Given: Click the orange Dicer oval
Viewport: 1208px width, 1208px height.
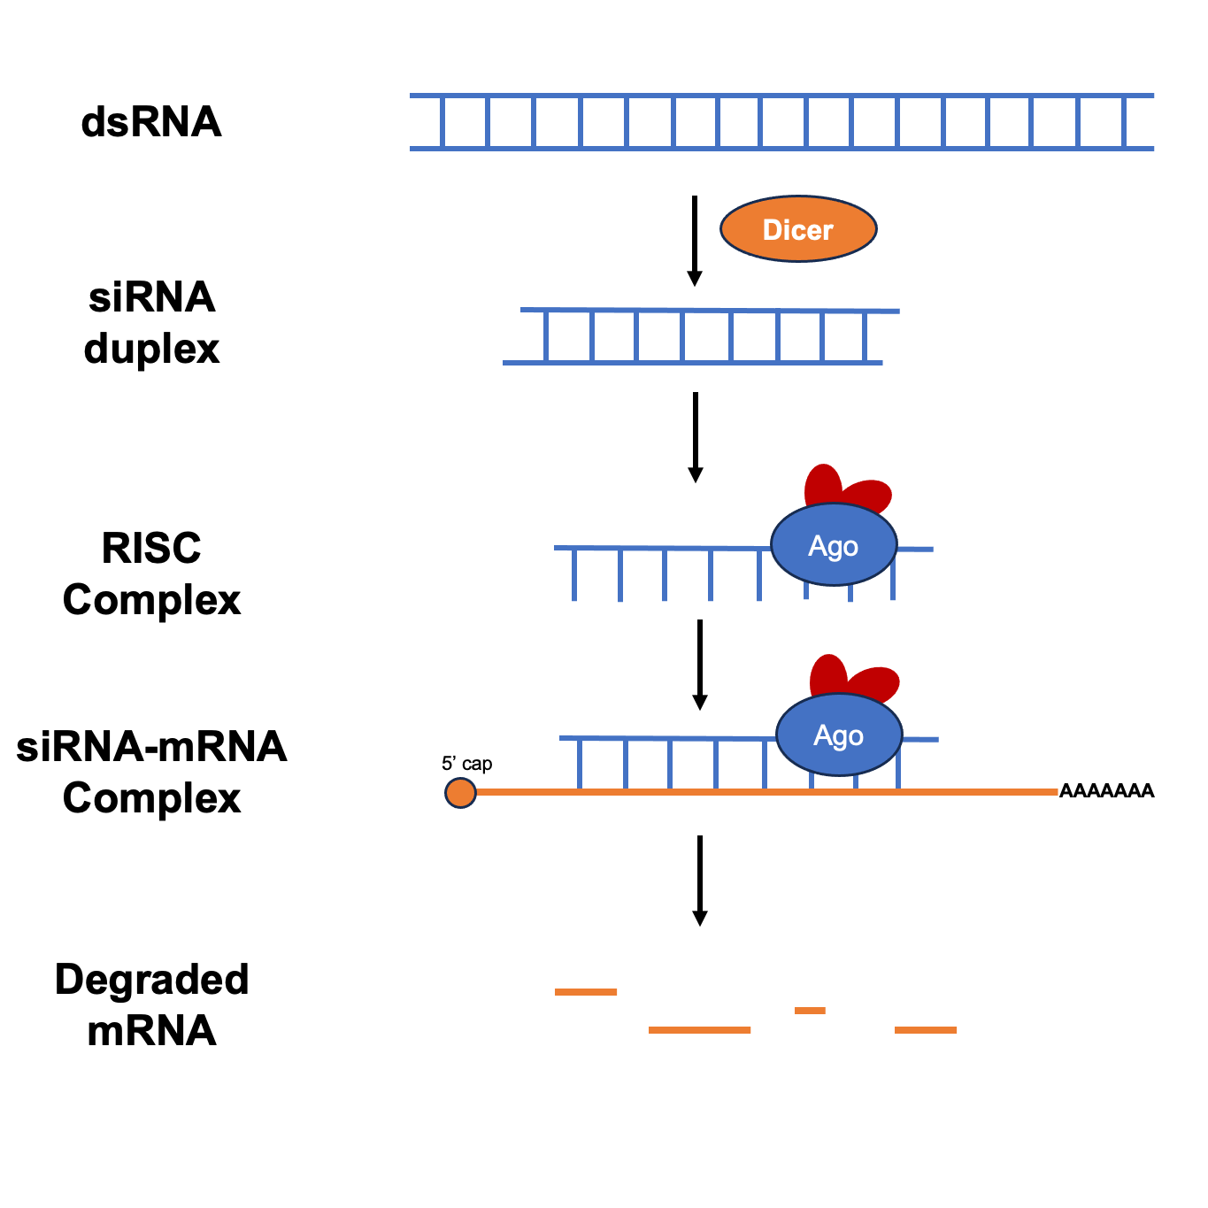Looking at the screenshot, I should point(798,229).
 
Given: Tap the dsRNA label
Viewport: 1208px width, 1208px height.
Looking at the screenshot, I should point(151,122).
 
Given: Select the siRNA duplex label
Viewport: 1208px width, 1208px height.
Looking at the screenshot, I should point(151,323).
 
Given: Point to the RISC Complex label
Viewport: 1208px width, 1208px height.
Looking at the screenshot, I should point(151,573).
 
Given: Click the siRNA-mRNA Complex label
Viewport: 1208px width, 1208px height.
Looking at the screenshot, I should point(151,772).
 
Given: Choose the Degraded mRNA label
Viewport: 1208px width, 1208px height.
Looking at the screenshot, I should point(151,1004).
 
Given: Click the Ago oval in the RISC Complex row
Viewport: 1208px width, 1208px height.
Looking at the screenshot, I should point(834,545).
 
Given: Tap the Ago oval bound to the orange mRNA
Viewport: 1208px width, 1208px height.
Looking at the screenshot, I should point(839,735).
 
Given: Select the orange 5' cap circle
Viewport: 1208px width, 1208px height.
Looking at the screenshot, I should point(460,792).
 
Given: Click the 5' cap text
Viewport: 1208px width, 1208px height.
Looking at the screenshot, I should point(466,764).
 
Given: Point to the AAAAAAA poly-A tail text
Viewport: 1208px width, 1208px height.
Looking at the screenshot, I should point(1106,791).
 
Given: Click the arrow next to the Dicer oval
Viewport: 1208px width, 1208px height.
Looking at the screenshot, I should point(695,240).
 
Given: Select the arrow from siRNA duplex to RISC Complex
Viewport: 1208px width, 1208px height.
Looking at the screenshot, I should point(696,436).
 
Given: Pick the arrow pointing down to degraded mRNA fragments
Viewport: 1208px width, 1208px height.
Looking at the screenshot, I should point(700,880).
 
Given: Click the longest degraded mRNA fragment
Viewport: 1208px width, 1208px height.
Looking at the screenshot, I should point(699,1030).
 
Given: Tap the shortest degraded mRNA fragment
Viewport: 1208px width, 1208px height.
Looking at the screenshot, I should point(810,1010).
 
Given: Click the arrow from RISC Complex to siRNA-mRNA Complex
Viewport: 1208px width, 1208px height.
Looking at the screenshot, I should point(700,664).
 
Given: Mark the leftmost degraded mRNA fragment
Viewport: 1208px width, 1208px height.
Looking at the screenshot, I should point(586,992).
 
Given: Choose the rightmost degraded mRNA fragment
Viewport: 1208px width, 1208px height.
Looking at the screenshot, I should point(926,1030).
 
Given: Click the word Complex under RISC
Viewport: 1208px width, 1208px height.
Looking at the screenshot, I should point(151,600).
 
